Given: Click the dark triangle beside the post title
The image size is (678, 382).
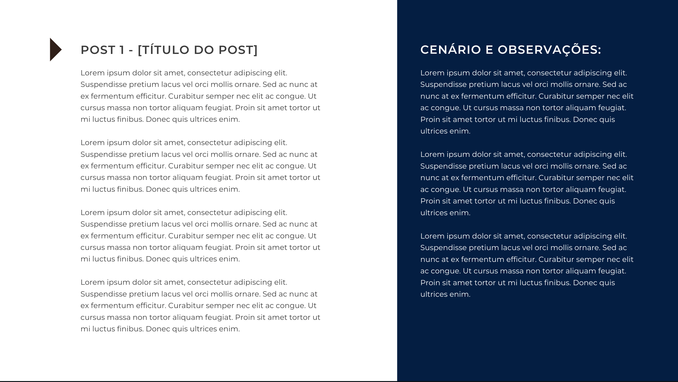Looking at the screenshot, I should pyautogui.click(x=55, y=49).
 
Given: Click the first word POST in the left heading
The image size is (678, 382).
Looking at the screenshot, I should pyautogui.click(x=98, y=50).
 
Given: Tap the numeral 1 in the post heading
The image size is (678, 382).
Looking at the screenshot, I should pyautogui.click(x=122, y=50).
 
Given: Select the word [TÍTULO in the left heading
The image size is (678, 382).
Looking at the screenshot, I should pyautogui.click(x=163, y=50).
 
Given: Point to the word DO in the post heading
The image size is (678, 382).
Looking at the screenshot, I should pyautogui.click(x=203, y=50).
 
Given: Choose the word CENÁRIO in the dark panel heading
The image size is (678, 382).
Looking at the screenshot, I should pyautogui.click(x=451, y=50).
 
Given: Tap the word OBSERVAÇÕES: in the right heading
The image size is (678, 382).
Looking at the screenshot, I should pyautogui.click(x=549, y=50).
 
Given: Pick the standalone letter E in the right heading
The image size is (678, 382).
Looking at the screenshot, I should pyautogui.click(x=489, y=50).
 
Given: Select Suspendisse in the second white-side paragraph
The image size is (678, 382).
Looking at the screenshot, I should pyautogui.click(x=103, y=154).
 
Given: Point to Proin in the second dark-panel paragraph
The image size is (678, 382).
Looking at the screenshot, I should pyautogui.click(x=430, y=201).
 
